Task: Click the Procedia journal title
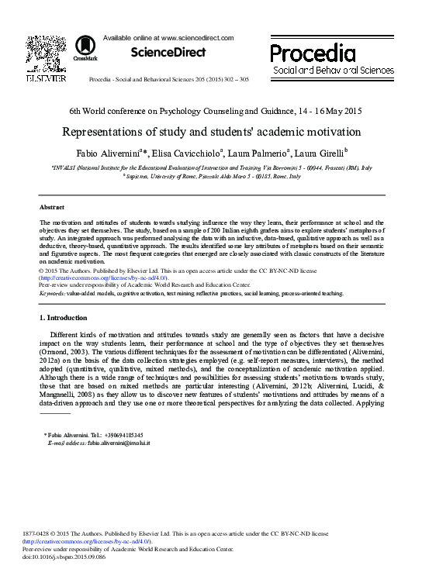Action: (313, 53)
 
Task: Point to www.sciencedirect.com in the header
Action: (197, 37)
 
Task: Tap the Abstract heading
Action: (52, 207)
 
